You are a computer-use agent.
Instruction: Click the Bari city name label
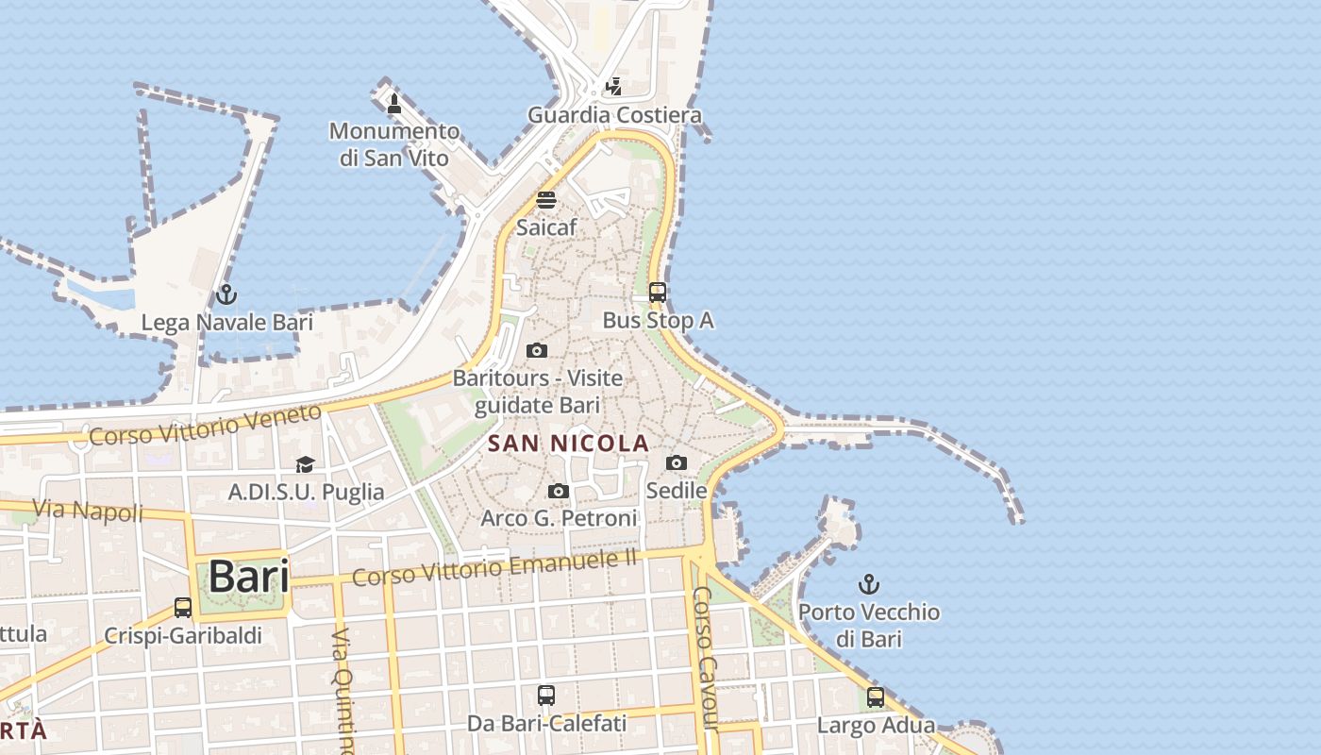[248, 576]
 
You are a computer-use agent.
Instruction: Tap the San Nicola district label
[568, 443]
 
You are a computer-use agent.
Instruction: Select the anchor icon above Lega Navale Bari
[226, 294]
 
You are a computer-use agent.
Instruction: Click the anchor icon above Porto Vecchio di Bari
[868, 584]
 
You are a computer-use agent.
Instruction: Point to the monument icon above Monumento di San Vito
[393, 103]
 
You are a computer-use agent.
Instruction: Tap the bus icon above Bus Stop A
[658, 293]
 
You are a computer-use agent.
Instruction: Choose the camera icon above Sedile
[677, 462]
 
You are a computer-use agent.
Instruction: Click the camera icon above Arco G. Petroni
[559, 491]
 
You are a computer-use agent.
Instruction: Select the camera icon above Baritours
[537, 351]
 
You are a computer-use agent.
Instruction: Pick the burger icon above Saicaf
[546, 200]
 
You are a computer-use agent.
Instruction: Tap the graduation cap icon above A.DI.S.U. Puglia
[305, 464]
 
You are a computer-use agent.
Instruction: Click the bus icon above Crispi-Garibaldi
[183, 608]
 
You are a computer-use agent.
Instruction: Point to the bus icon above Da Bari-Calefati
[546, 696]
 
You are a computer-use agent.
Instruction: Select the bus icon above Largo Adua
[876, 697]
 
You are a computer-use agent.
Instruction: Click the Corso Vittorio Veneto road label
[205, 423]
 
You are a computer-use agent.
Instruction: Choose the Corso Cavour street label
[705, 658]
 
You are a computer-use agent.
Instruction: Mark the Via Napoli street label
[89, 511]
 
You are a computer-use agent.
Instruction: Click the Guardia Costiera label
[614, 115]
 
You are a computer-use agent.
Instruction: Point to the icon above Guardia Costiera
[614, 87]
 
